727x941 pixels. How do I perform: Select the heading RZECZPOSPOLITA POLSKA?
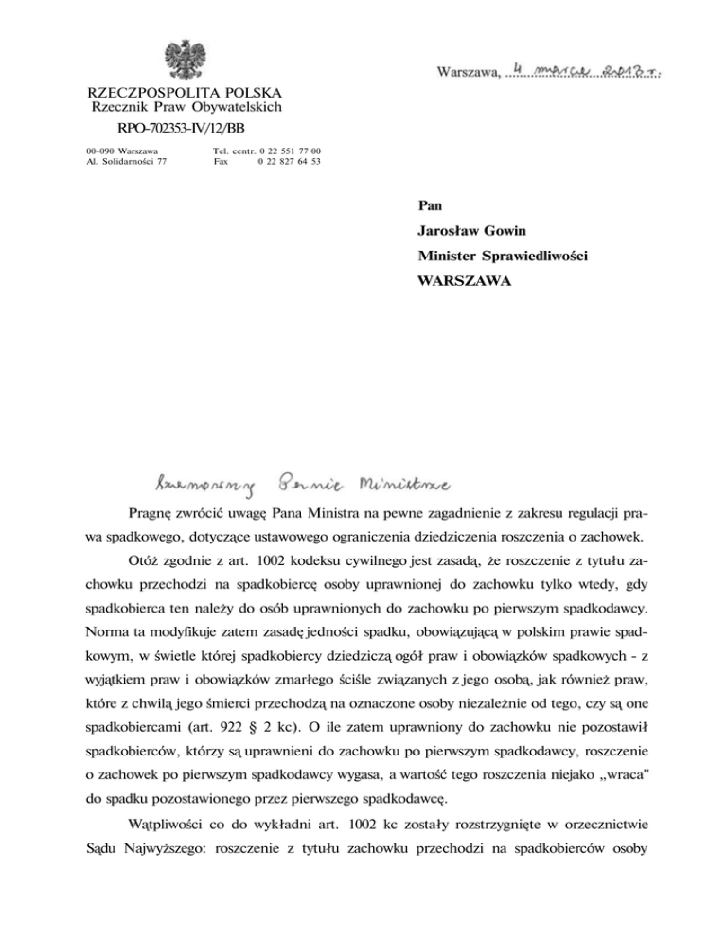pyautogui.click(x=184, y=94)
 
